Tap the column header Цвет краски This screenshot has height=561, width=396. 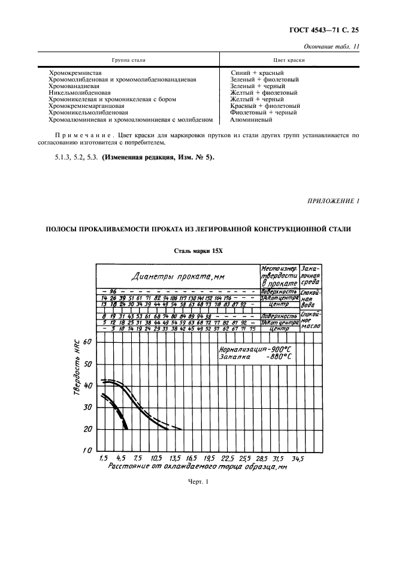(289, 61)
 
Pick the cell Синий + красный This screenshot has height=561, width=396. (256, 73)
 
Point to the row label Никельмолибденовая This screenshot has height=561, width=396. (80, 92)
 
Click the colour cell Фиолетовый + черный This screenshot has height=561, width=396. (264, 112)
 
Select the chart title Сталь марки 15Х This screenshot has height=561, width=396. (198, 252)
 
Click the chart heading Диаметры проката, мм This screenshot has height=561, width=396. (179, 276)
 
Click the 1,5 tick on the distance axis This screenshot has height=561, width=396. (103, 458)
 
